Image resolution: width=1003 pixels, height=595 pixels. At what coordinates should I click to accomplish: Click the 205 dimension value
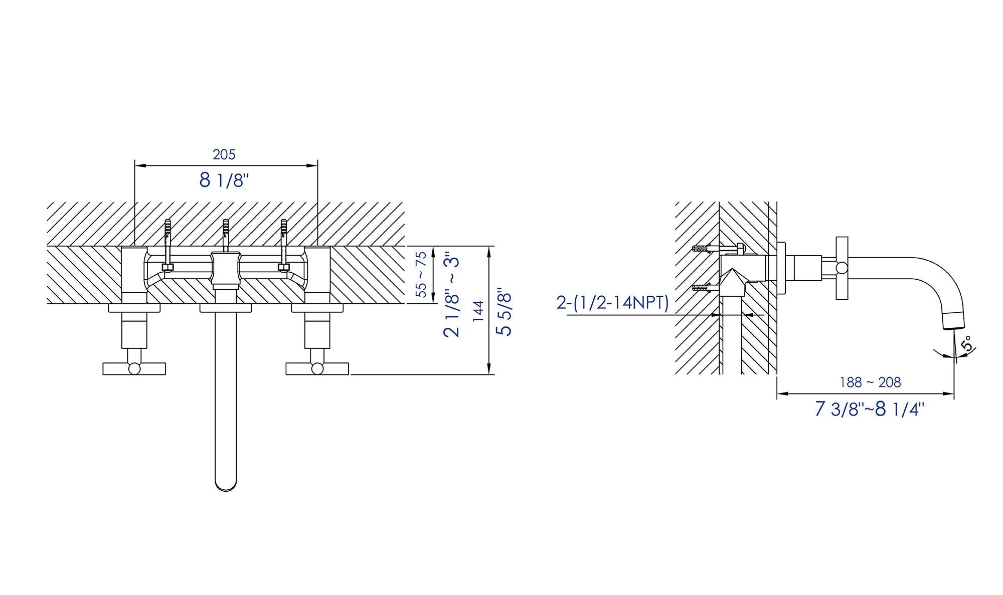click(224, 154)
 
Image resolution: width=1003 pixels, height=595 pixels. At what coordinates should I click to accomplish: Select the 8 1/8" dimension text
click(224, 179)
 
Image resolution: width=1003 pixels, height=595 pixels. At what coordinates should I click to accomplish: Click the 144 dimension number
click(478, 311)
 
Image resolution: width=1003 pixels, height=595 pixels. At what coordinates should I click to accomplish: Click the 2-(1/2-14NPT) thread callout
click(612, 303)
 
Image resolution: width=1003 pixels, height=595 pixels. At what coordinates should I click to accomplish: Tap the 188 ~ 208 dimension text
click(871, 382)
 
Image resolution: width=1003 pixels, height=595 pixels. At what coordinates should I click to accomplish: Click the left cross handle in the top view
click(134, 368)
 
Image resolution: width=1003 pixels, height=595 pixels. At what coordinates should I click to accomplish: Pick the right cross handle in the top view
click(317, 368)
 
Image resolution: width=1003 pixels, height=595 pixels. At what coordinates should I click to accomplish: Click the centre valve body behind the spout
click(225, 271)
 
